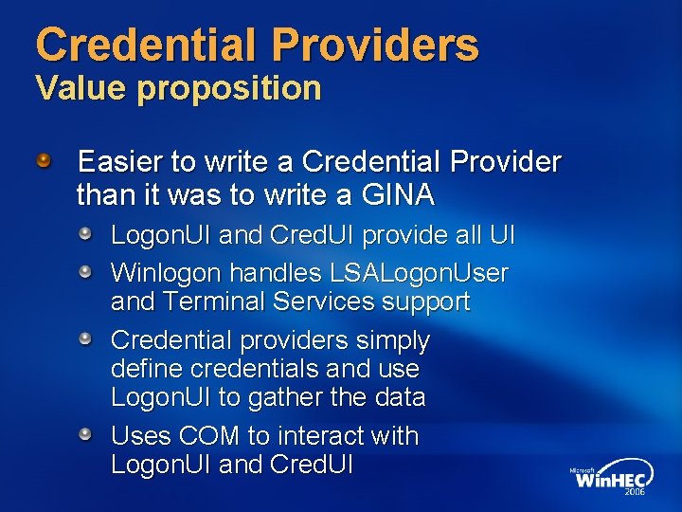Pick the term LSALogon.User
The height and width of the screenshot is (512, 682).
point(419,274)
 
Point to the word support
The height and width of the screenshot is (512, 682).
point(426,303)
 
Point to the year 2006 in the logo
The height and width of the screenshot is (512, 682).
point(634,493)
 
